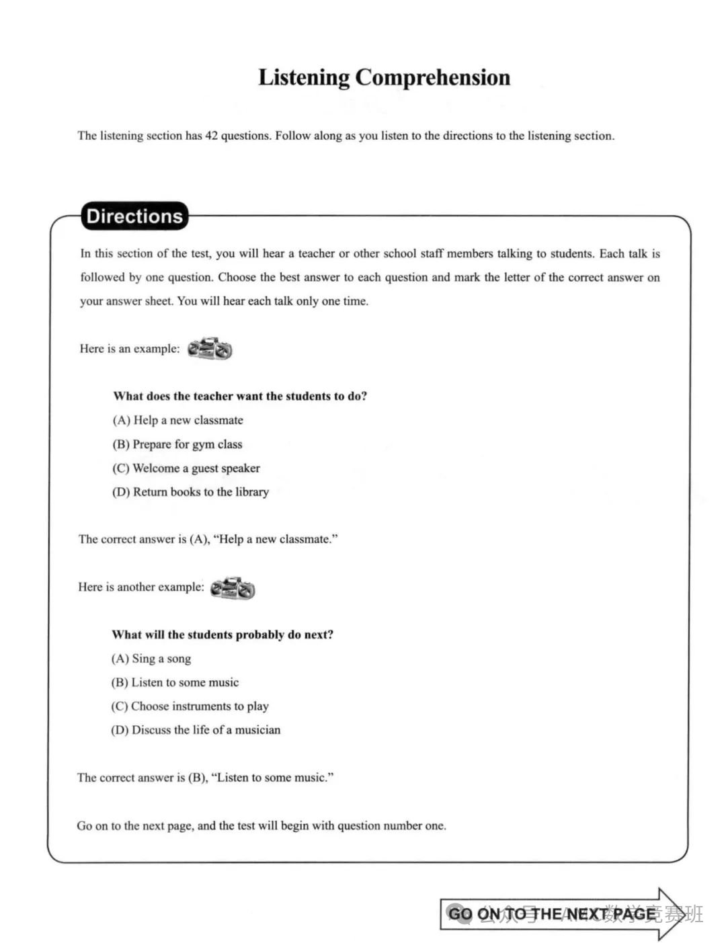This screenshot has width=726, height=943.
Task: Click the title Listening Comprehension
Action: click(x=384, y=77)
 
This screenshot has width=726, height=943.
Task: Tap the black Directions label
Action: click(x=134, y=216)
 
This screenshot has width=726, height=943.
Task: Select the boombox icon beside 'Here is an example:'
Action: click(x=210, y=349)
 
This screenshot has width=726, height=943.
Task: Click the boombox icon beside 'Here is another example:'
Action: click(x=233, y=588)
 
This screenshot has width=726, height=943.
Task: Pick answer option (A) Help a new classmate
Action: click(x=177, y=420)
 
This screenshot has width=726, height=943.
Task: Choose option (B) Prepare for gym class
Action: click(x=177, y=444)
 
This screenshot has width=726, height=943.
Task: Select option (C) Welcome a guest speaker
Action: click(x=186, y=468)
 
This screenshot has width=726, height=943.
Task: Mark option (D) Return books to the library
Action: click(x=190, y=492)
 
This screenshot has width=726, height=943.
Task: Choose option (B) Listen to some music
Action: click(x=175, y=682)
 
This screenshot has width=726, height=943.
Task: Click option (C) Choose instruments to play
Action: click(x=190, y=706)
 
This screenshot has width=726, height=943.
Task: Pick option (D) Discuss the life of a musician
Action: click(x=196, y=730)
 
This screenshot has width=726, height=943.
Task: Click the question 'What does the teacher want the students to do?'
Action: click(x=240, y=396)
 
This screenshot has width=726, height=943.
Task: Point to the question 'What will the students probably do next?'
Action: click(x=223, y=634)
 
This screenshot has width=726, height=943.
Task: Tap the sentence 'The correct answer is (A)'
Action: click(x=208, y=539)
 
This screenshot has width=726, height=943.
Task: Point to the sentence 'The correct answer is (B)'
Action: click(x=205, y=778)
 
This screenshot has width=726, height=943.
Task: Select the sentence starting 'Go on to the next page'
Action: click(x=261, y=825)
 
